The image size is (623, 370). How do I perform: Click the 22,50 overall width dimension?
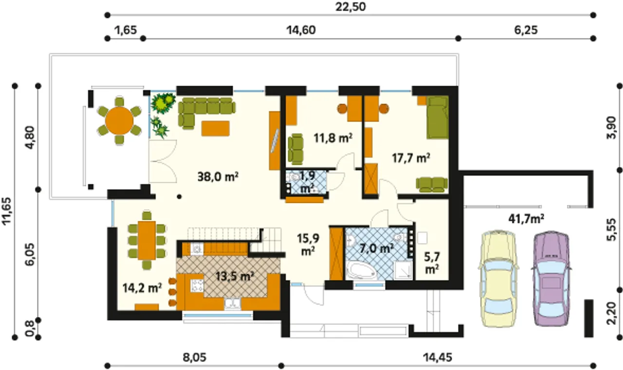(x=350, y=7)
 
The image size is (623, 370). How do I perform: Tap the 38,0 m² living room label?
(x=218, y=176)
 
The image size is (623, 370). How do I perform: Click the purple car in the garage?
(x=551, y=278)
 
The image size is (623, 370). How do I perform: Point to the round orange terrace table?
(x=119, y=121)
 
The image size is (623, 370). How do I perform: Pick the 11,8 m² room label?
(x=333, y=138)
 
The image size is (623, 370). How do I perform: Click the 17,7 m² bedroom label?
(x=411, y=158)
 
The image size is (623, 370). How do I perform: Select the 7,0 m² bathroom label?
(x=376, y=248)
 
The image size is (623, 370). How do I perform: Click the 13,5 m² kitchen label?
(x=235, y=276)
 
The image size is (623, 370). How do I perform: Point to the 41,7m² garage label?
(x=526, y=219)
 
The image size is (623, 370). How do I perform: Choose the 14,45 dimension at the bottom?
(x=438, y=357)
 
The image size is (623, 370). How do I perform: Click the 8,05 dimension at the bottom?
(x=195, y=357)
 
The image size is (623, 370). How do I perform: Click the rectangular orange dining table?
(x=147, y=241)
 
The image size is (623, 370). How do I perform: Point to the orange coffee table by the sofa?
(x=216, y=128)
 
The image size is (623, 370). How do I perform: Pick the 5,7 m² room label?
(x=432, y=263)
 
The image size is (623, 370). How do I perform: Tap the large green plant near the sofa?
(x=164, y=103)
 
